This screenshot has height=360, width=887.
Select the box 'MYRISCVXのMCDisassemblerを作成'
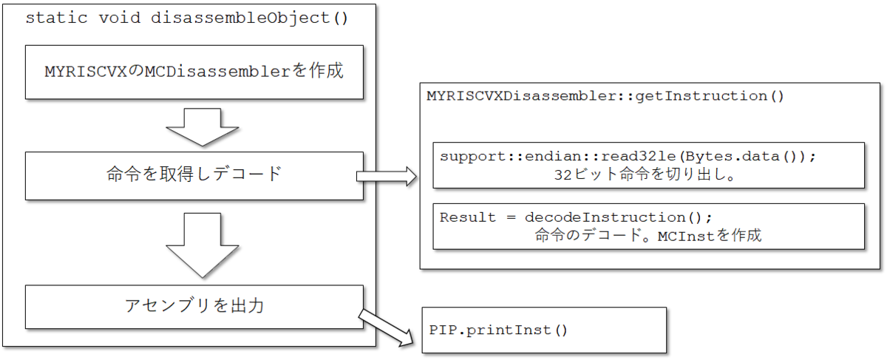point(194,72)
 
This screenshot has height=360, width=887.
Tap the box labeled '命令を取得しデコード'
point(194,176)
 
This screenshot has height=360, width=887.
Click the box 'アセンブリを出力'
point(194,305)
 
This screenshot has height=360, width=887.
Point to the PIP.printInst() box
point(543,330)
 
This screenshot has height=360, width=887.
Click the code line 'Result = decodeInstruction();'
point(575,217)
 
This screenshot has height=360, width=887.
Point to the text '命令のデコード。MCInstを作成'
point(648,237)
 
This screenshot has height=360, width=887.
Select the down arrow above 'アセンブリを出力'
point(194,244)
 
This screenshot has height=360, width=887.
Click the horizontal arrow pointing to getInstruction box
point(387,176)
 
